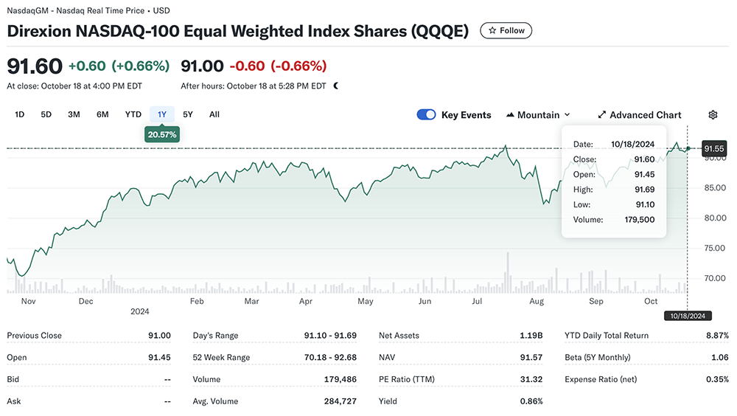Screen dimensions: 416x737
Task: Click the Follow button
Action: coord(506,30)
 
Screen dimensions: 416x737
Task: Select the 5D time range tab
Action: coord(46,114)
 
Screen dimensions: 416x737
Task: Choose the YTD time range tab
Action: coord(133,114)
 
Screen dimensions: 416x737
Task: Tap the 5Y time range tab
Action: coord(188,114)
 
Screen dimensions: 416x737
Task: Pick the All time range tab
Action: coord(214,114)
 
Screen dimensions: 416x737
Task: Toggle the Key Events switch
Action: coord(427,114)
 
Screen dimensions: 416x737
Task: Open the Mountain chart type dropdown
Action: coord(539,115)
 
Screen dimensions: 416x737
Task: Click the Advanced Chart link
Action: coord(639,115)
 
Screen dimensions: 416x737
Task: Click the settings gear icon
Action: coord(713,115)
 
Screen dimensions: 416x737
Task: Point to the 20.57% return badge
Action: coord(162,134)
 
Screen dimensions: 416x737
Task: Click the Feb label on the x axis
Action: coord(197,302)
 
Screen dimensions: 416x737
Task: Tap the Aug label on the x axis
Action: coord(537,302)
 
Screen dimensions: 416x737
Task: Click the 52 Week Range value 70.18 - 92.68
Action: coord(330,358)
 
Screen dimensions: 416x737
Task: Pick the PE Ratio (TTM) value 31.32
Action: coord(531,379)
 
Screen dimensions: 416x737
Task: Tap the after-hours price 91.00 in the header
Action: coord(202,66)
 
